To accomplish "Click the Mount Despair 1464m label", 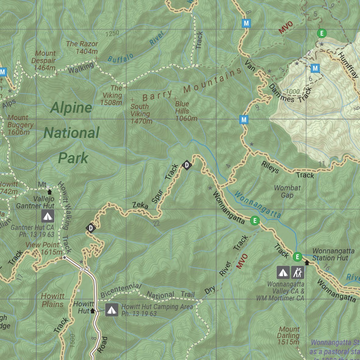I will click(x=44, y=61).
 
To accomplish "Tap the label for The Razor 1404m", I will click(x=82, y=48).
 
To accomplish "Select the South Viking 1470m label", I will click(x=141, y=114).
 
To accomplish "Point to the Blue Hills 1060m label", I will click(x=186, y=111).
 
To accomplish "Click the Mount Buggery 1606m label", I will click(x=20, y=125).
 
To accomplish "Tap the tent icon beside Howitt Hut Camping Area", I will click(x=111, y=310).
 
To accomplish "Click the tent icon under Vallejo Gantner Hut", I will click(x=48, y=216).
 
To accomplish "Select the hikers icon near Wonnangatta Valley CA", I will click(x=298, y=272).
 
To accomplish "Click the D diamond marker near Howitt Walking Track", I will click(x=90, y=228).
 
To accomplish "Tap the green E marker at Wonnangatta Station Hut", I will click(x=297, y=257).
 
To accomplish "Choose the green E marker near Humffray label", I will click(x=322, y=33).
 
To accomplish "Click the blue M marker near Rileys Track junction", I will click(x=244, y=120).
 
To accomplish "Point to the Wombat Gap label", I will click(x=287, y=192).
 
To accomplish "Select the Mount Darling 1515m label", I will click(x=289, y=336).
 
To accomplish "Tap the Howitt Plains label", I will click(x=53, y=300).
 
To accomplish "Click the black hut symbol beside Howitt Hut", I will click(x=93, y=311).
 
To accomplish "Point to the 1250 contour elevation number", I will click(x=112, y=33).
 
